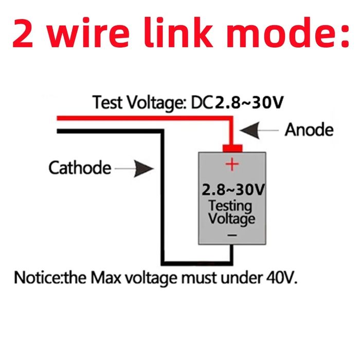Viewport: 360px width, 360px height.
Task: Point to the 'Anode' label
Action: (309, 130)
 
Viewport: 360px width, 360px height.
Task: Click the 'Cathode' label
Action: (80, 168)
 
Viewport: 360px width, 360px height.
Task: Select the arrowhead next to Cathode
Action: (145, 168)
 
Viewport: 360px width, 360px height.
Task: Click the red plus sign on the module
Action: (232, 165)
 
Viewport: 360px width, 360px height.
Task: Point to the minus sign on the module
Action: (232, 235)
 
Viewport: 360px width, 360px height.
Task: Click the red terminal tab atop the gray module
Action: (232, 148)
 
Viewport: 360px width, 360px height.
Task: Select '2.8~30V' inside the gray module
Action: (232, 190)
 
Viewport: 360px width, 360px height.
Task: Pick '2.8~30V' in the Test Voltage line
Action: (249, 103)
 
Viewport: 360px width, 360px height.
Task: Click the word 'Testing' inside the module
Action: (230, 206)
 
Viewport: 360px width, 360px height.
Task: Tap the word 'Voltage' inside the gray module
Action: (231, 219)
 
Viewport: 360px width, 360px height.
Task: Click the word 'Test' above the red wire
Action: (105, 103)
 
